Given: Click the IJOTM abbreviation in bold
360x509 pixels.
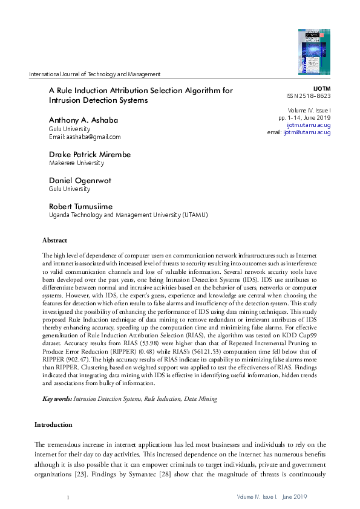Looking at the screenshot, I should (321, 88).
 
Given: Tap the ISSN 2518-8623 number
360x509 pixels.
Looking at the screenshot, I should (308, 96).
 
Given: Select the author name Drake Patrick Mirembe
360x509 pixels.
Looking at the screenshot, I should (90, 154).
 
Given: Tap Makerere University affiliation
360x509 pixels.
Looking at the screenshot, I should (76, 163).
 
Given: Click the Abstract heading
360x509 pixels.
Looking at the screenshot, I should (54, 240).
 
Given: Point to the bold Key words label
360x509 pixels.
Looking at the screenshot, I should (57, 400).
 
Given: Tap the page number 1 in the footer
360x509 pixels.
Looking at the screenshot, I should (68, 496).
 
